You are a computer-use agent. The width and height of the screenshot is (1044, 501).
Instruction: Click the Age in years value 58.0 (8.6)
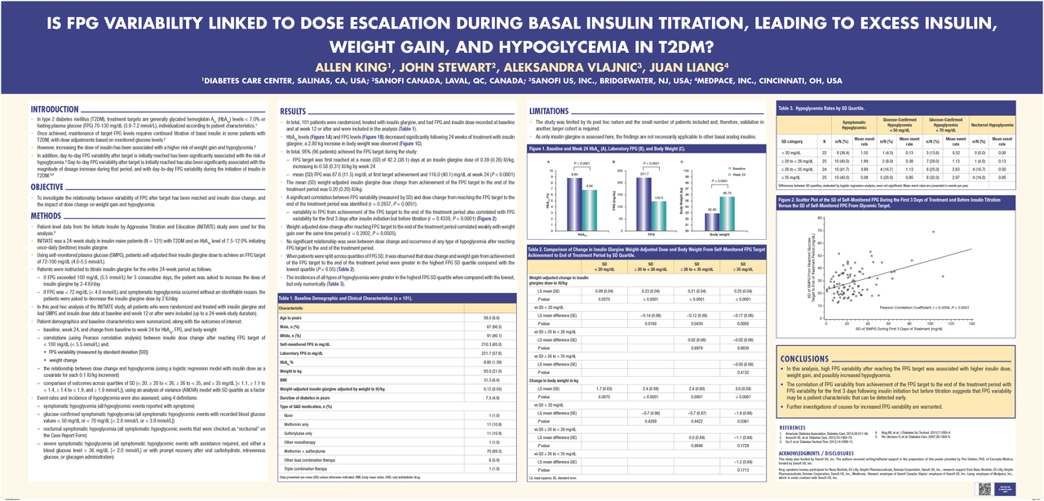(x=491, y=317)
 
